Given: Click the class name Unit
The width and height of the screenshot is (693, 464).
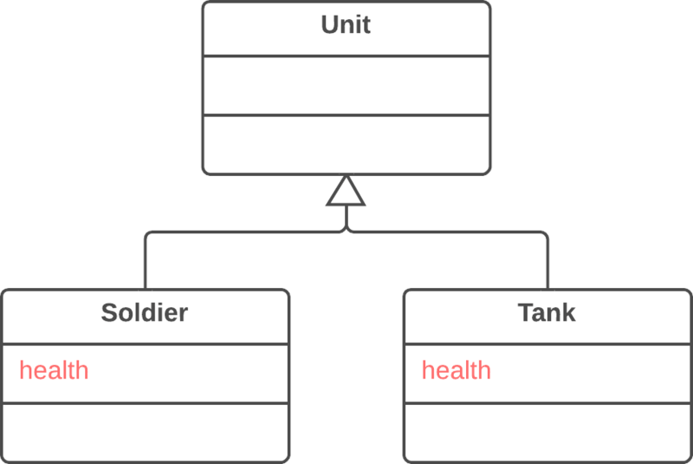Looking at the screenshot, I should [346, 24].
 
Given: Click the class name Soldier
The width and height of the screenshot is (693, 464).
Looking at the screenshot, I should [144, 312].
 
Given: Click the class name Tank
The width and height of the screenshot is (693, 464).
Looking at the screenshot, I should [547, 312].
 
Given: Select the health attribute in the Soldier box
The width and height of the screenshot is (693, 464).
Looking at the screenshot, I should [54, 370].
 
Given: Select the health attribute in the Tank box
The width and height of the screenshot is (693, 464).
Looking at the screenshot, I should [457, 370].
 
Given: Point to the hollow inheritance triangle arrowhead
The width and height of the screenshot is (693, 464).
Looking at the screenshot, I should [346, 193].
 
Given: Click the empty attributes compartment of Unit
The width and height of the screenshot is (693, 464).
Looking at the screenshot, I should [346, 85].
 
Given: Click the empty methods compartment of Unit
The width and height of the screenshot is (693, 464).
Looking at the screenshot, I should [346, 143].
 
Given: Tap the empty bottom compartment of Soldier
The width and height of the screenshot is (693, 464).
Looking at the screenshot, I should [144, 431].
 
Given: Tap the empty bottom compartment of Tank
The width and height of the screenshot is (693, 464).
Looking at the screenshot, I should [547, 431].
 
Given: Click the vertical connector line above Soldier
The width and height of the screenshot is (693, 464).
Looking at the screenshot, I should [145, 265].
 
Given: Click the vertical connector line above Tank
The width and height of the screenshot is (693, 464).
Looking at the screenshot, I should [547, 265].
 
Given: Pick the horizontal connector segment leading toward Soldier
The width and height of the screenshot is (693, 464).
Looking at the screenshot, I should [243, 232].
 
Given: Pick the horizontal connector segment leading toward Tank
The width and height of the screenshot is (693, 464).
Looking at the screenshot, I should [450, 232].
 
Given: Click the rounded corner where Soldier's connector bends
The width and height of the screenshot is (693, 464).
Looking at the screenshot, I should [147, 235].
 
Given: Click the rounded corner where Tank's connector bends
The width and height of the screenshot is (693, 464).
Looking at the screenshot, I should [545, 235].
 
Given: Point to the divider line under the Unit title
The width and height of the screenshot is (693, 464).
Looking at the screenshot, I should [346, 56].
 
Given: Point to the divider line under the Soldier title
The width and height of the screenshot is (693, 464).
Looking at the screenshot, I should [144, 343].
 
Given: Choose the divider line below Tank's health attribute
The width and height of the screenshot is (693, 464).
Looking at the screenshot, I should [547, 402].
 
